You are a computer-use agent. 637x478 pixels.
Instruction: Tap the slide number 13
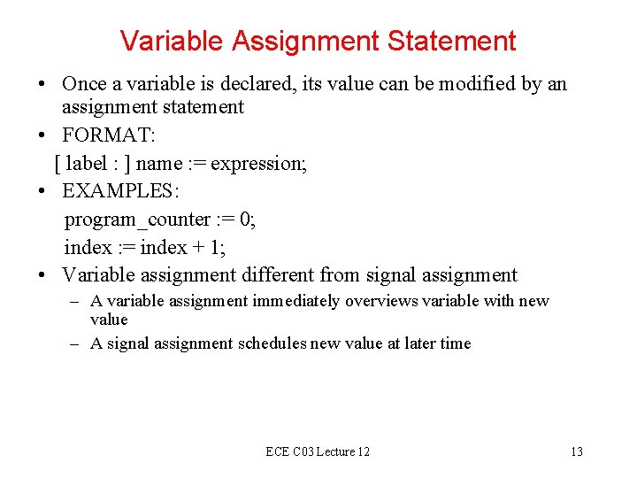[x=576, y=451]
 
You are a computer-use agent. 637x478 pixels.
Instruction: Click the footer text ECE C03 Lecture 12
[x=318, y=451]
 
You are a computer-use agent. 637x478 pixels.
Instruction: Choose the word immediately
[x=295, y=301]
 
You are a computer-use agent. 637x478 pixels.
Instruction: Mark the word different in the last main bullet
[x=277, y=275]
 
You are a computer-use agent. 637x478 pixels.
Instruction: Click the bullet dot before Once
[x=42, y=85]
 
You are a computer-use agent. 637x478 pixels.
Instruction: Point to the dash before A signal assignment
[x=76, y=343]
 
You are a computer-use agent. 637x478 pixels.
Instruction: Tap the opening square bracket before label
[x=58, y=163]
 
